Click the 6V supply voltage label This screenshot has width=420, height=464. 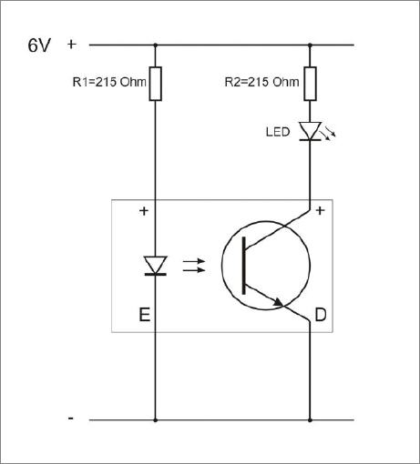click(x=39, y=45)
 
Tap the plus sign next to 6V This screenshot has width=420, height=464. click(x=71, y=45)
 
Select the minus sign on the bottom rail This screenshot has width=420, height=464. click(x=71, y=419)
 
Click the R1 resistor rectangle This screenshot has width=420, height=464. click(x=156, y=84)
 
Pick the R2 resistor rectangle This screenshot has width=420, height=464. click(x=310, y=84)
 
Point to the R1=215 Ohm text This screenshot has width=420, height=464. click(x=109, y=82)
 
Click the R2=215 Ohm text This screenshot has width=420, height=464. click(x=261, y=82)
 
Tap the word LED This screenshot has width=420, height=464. click(x=278, y=132)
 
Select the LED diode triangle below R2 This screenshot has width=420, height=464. click(x=310, y=131)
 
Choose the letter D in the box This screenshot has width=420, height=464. click(x=321, y=315)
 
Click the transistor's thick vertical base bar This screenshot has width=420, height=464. click(x=243, y=266)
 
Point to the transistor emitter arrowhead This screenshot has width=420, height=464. click(x=278, y=302)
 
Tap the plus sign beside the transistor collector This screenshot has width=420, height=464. click(x=321, y=210)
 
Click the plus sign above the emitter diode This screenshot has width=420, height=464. click(x=144, y=211)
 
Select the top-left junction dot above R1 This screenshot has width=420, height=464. click(x=156, y=45)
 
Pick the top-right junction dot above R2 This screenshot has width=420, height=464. click(x=310, y=45)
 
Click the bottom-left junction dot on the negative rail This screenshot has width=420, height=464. click(x=156, y=420)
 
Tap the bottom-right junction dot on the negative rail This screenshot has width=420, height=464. click(x=310, y=420)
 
